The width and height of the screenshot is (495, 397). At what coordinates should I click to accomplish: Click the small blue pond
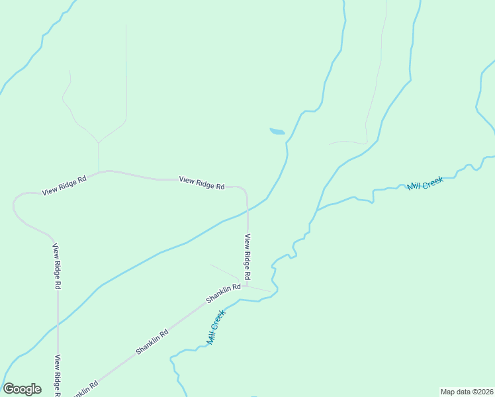click(x=277, y=132)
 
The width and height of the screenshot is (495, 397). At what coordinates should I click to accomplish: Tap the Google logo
click(x=22, y=389)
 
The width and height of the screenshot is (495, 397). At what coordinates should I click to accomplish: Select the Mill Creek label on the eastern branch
click(x=425, y=183)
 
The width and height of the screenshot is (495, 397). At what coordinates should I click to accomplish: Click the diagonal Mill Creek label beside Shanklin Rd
click(x=216, y=328)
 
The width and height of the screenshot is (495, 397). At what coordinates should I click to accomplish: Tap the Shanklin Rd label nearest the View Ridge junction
click(x=223, y=292)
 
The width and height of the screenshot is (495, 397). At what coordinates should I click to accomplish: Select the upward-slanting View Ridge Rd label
click(x=64, y=185)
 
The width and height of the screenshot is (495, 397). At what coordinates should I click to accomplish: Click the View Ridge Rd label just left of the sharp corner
click(x=202, y=183)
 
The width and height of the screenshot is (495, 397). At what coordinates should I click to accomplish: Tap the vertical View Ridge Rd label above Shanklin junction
click(x=247, y=256)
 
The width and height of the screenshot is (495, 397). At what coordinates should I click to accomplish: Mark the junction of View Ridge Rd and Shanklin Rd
click(x=247, y=285)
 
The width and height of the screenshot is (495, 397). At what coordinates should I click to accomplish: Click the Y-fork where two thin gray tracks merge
click(x=98, y=142)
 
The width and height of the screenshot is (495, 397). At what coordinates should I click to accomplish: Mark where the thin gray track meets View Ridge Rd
click(x=99, y=172)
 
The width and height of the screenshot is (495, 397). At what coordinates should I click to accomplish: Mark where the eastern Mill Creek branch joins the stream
click(x=317, y=210)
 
